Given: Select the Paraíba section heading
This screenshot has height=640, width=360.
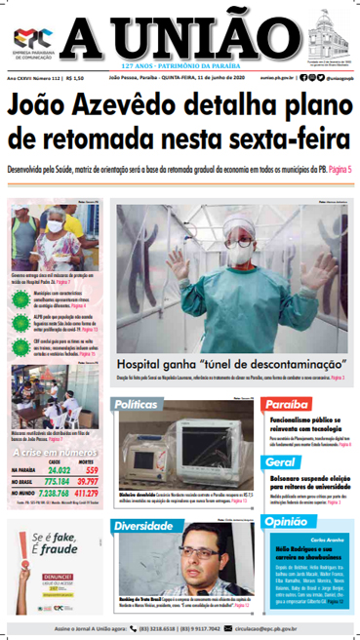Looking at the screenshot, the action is click(x=288, y=403).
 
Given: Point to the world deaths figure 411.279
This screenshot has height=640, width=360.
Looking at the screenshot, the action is click(x=85, y=494).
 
